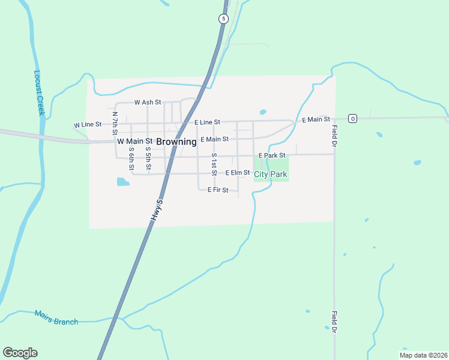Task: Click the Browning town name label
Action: (x=176, y=142)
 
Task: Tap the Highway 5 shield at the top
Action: (x=223, y=19)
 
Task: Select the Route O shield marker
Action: (x=353, y=118)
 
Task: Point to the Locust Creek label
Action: (x=40, y=94)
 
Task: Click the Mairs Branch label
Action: (x=56, y=317)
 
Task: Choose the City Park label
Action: (x=271, y=175)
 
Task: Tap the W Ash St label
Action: (x=148, y=102)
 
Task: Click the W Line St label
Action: (x=88, y=124)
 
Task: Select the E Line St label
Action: (x=207, y=122)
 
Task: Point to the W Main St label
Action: (x=134, y=142)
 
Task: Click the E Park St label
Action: (x=271, y=155)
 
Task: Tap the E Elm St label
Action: (x=238, y=173)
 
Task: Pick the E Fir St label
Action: (x=218, y=190)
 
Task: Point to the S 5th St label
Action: (x=148, y=158)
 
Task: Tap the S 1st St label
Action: (x=214, y=164)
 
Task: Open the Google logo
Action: (x=20, y=353)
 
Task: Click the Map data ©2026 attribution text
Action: (x=423, y=355)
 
